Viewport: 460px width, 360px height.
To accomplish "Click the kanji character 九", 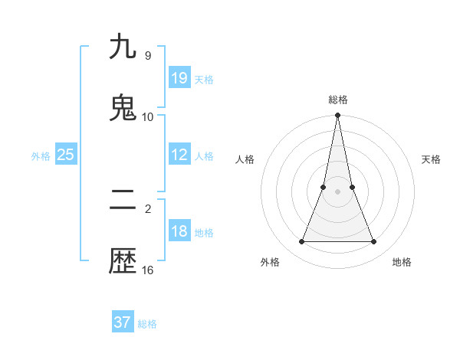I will tap(123, 47).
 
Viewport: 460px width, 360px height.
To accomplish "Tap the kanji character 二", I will tap(123, 201).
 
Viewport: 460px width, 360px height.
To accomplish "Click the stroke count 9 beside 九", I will tap(147, 55).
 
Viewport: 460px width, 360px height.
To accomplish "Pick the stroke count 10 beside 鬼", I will tap(148, 117).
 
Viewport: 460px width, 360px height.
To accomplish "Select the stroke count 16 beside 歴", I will tap(148, 270).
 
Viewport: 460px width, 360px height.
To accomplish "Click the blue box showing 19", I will tap(179, 78).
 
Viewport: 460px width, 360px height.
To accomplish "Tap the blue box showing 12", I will tap(179, 155).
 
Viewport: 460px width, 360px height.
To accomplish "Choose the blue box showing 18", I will tap(179, 231).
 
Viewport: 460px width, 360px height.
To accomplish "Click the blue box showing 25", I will tap(66, 155).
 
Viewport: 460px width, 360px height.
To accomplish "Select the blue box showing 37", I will tap(123, 322).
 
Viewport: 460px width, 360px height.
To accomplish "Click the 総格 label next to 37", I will tap(147, 324).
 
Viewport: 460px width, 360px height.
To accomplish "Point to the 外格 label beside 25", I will tap(41, 156).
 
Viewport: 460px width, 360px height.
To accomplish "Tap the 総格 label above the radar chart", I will tap(338, 100).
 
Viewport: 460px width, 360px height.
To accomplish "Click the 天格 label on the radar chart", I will tap(431, 159).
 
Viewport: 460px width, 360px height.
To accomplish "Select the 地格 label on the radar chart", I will tap(402, 262).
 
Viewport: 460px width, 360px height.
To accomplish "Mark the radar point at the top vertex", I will tap(338, 116).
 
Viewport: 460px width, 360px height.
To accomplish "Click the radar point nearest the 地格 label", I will tap(374, 242).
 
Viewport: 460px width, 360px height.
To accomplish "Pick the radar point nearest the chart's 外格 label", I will tap(301, 242).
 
